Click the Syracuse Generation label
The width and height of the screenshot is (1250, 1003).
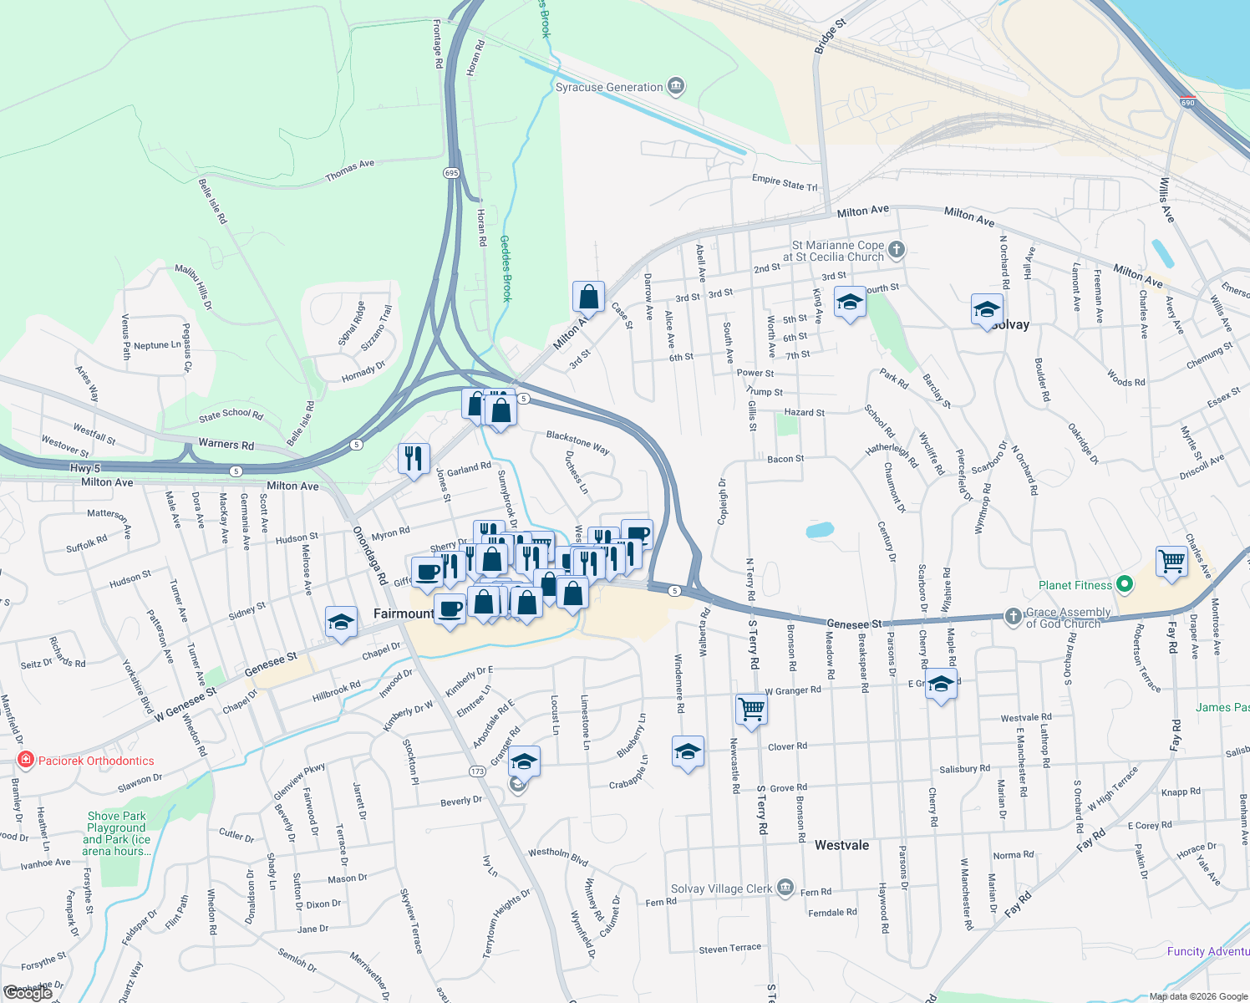(x=609, y=87)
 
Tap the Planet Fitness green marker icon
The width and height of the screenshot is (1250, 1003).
(x=1125, y=584)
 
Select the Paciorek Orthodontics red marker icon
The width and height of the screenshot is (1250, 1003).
(x=26, y=760)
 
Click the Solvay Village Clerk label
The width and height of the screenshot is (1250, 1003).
(x=722, y=888)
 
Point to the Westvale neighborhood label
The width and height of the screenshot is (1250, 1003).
(x=841, y=845)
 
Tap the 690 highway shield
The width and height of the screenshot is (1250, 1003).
(x=1187, y=103)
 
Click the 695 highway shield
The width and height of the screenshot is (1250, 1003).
(x=451, y=173)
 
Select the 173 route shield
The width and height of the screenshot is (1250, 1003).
(x=477, y=771)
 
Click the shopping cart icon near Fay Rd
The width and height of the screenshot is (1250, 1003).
(x=1171, y=561)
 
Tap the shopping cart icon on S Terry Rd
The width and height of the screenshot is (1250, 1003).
(x=751, y=709)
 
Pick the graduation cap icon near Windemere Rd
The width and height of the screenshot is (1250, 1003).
(x=688, y=751)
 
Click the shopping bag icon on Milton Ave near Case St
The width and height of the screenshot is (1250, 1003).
(x=588, y=296)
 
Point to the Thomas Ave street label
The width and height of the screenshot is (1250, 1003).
(x=350, y=170)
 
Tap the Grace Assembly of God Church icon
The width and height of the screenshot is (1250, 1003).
(x=1013, y=617)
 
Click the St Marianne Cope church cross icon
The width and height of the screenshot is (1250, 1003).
(x=896, y=249)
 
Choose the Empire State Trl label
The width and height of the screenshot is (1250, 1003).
(x=785, y=182)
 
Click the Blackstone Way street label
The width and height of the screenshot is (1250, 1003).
(x=577, y=442)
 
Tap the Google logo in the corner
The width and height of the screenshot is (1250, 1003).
(x=28, y=993)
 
